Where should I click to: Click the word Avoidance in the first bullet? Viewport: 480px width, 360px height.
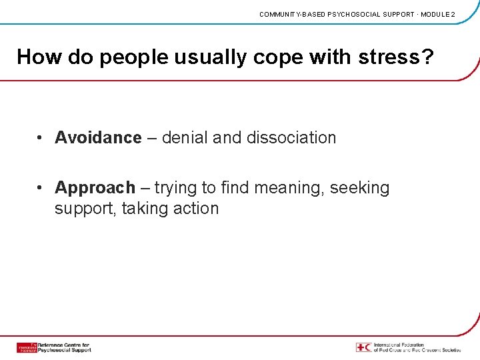point(98,138)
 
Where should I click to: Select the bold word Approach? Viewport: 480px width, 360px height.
point(95,188)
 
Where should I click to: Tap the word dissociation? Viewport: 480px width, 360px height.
point(291,138)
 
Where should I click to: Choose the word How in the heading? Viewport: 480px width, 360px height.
point(37,57)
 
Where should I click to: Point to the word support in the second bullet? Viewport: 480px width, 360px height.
point(83,209)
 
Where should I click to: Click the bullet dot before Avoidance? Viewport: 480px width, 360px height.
point(41,138)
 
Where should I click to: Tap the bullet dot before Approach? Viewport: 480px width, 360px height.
point(41,188)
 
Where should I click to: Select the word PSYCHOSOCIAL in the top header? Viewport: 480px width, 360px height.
point(355,14)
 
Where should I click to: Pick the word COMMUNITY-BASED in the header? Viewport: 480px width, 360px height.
point(292,14)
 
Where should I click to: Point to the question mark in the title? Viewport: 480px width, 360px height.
point(427,57)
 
